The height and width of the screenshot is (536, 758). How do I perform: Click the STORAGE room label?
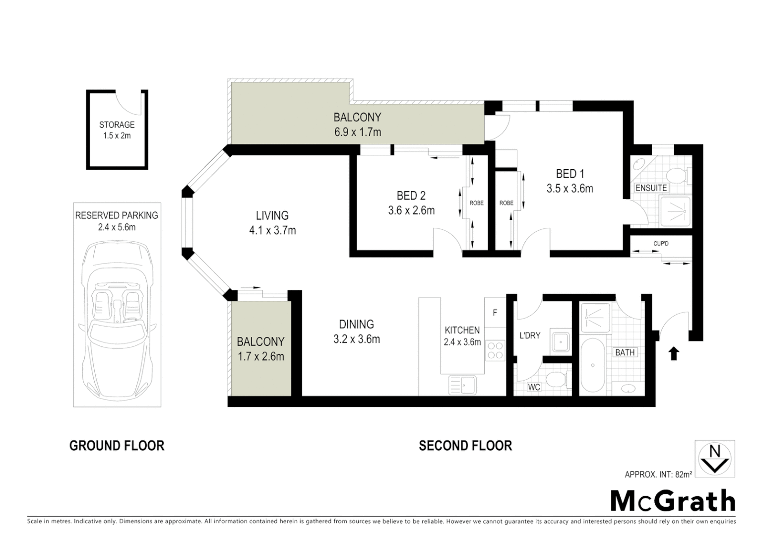click(x=117, y=125)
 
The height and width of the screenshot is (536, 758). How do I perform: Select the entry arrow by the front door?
click(x=673, y=353)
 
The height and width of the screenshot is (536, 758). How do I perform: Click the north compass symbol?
click(x=715, y=459)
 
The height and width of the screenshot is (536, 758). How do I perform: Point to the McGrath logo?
click(x=672, y=501)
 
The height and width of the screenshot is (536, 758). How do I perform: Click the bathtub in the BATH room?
click(x=592, y=365)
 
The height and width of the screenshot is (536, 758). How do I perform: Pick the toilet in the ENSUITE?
click(x=677, y=175)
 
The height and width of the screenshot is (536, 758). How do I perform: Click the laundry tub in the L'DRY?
click(x=561, y=341)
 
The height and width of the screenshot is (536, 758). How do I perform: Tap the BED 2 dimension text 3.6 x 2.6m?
click(x=411, y=210)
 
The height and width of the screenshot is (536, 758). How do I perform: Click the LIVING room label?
click(x=272, y=215)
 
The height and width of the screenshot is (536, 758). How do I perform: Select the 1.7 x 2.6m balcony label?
click(x=260, y=356)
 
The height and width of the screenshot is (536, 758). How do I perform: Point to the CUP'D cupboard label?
click(x=661, y=244)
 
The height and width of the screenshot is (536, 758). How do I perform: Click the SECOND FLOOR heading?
click(x=465, y=446)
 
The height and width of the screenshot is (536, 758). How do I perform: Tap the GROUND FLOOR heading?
click(x=117, y=446)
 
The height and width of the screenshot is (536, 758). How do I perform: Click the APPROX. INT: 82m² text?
click(x=658, y=474)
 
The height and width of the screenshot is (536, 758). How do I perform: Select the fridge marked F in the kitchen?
click(x=495, y=313)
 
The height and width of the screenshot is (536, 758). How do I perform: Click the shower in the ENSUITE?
click(x=675, y=210)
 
